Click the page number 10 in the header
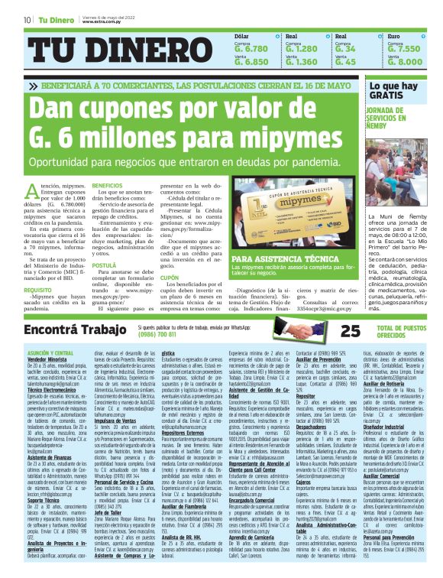[27, 19]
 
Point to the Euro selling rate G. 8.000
[404, 62]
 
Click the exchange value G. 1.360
[301, 62]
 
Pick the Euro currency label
[393, 36]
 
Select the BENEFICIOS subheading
[107, 185]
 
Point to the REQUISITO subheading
[38, 291]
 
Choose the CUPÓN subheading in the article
[169, 278]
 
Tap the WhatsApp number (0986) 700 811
[160, 335]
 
